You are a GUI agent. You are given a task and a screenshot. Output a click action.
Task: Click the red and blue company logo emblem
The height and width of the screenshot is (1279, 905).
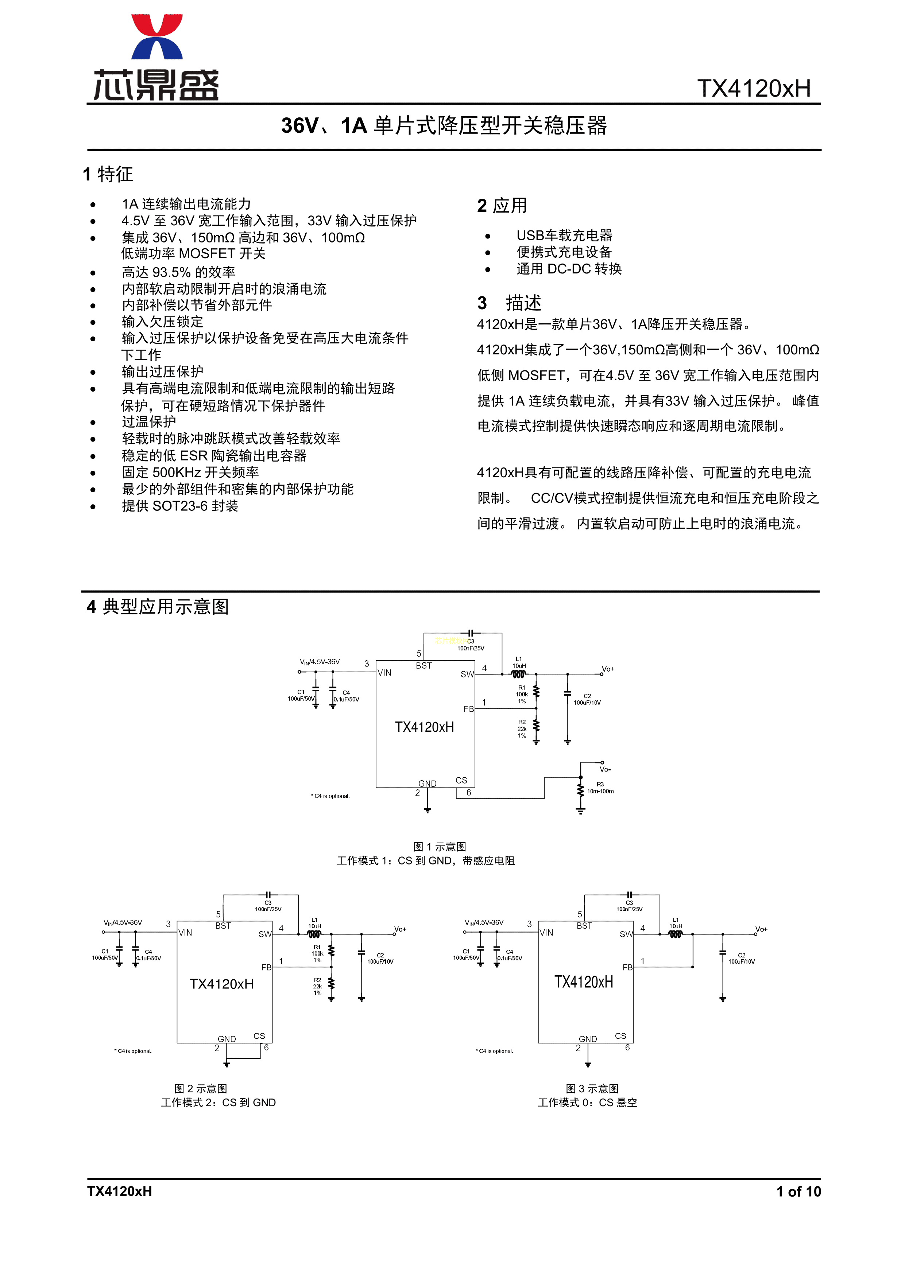[156, 37]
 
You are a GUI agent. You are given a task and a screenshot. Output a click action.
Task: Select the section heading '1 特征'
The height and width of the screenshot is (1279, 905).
[108, 174]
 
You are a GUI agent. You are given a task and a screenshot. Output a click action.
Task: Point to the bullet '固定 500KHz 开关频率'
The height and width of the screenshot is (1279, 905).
[190, 473]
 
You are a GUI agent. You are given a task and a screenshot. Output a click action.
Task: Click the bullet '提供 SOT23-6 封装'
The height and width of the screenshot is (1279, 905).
[179, 506]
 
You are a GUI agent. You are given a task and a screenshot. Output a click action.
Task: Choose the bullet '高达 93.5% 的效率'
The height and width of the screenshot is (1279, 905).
[178, 272]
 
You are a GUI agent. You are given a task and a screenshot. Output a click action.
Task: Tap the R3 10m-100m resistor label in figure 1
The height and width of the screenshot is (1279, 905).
[600, 788]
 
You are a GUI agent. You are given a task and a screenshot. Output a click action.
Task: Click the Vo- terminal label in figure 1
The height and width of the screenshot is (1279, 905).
[605, 769]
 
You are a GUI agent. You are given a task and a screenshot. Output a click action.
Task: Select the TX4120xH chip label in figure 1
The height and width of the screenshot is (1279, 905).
[424, 727]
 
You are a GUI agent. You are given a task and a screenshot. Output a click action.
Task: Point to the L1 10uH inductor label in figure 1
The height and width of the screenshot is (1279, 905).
[519, 662]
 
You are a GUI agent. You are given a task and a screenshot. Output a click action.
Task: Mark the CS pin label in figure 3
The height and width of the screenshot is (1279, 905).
[620, 1035]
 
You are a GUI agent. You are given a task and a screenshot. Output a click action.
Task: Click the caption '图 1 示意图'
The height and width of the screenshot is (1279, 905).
[440, 847]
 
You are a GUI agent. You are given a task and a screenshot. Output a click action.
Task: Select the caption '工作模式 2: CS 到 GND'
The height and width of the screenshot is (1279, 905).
[218, 1103]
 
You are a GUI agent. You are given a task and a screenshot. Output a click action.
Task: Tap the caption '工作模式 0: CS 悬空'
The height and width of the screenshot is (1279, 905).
[587, 1103]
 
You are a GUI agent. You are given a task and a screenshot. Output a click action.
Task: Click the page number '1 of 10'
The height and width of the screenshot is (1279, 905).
[798, 1191]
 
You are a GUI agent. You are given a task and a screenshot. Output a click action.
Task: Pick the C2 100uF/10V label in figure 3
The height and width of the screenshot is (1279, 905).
[741, 958]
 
